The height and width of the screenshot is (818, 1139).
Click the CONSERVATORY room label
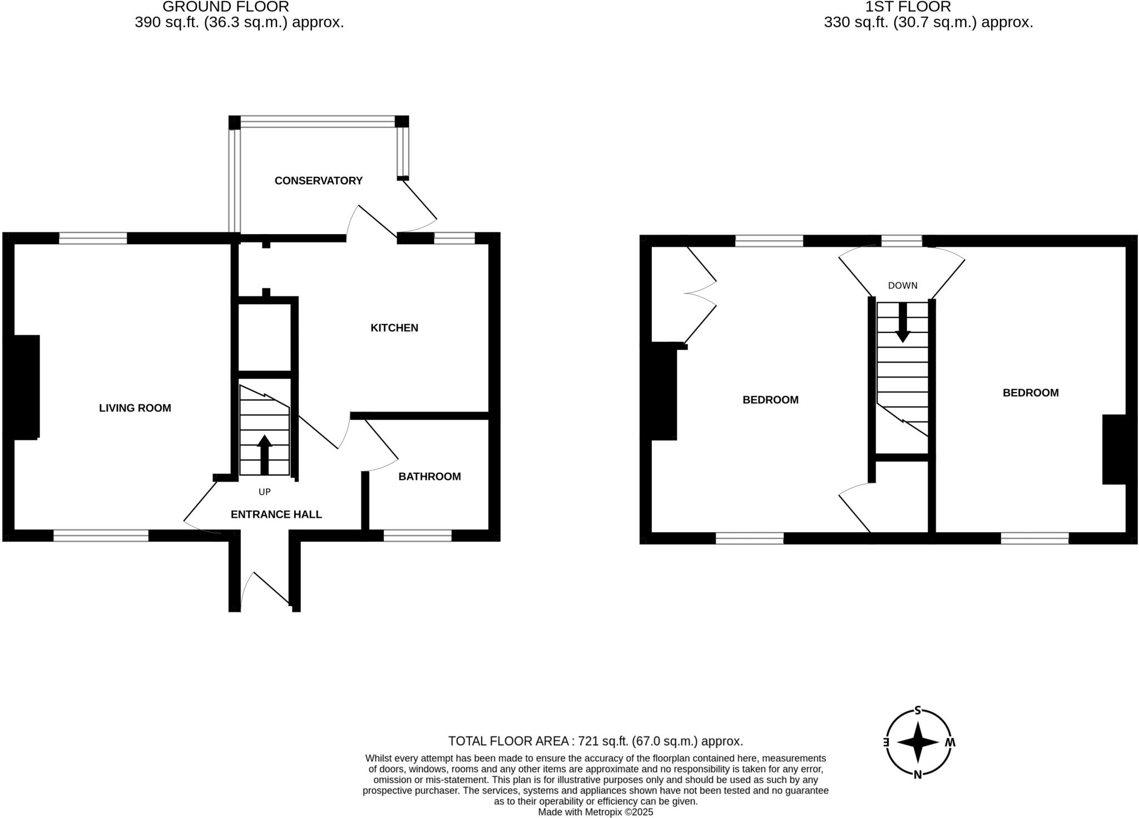coord(318,181)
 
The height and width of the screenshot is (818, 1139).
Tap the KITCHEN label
coord(394,328)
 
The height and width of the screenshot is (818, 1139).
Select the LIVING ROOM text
coord(135,408)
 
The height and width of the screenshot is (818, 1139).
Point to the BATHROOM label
coord(429,477)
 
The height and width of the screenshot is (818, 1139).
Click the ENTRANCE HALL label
coord(276,515)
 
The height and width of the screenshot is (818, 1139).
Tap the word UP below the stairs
coord(265,492)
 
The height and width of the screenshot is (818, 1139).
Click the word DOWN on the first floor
coord(903,286)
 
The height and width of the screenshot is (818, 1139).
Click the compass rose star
coord(918,742)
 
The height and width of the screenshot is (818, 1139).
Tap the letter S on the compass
coord(918,710)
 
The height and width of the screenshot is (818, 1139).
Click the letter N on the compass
coord(918,775)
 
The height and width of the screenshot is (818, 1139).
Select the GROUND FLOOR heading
coord(225,7)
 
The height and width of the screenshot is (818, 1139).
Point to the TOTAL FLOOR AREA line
coord(596,741)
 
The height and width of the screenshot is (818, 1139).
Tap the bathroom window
coord(418,536)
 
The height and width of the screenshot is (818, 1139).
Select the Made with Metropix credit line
coord(596,812)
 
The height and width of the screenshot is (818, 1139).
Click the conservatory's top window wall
coord(318,122)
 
